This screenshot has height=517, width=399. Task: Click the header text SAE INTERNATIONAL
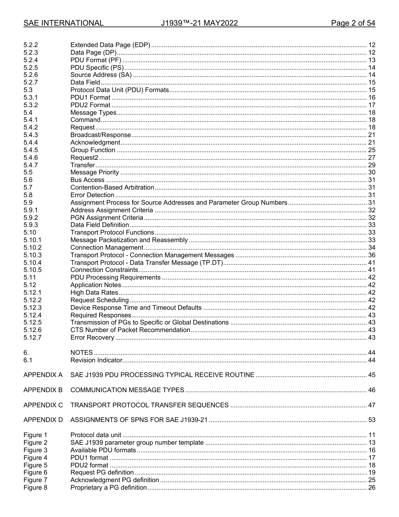pyautogui.click(x=63, y=23)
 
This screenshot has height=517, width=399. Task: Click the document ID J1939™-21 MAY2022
pyautogui.click(x=199, y=23)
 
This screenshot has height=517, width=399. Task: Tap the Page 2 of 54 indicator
pyautogui.click(x=353, y=23)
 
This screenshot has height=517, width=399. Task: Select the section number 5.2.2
pyautogui.click(x=31, y=45)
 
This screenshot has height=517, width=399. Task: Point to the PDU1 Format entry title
pyautogui.click(x=90, y=98)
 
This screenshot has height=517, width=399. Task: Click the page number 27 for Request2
pyautogui.click(x=371, y=158)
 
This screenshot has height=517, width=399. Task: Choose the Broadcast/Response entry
pyautogui.click(x=100, y=135)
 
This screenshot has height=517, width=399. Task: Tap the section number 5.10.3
pyautogui.click(x=32, y=255)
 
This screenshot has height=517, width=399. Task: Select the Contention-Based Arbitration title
pyautogui.click(x=112, y=187)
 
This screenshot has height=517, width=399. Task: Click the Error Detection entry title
pyautogui.click(x=92, y=195)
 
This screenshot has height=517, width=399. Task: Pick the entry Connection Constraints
pyautogui.click(x=104, y=270)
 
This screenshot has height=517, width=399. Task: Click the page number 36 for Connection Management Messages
pyautogui.click(x=371, y=255)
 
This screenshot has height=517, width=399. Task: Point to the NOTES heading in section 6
pyautogui.click(x=81, y=353)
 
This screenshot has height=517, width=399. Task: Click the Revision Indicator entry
pyautogui.click(x=96, y=360)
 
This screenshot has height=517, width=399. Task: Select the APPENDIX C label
pyautogui.click(x=43, y=405)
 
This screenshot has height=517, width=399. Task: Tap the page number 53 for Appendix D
pyautogui.click(x=371, y=420)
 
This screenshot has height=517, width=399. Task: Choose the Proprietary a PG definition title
pyautogui.click(x=108, y=488)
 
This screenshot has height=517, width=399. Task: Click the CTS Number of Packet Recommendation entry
pyautogui.click(x=130, y=330)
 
